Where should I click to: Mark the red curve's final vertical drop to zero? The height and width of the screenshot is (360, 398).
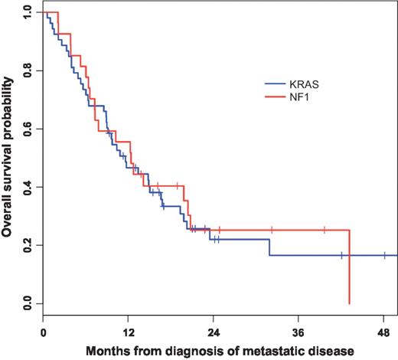(349, 268)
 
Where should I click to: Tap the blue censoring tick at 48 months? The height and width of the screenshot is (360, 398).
(384, 255)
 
